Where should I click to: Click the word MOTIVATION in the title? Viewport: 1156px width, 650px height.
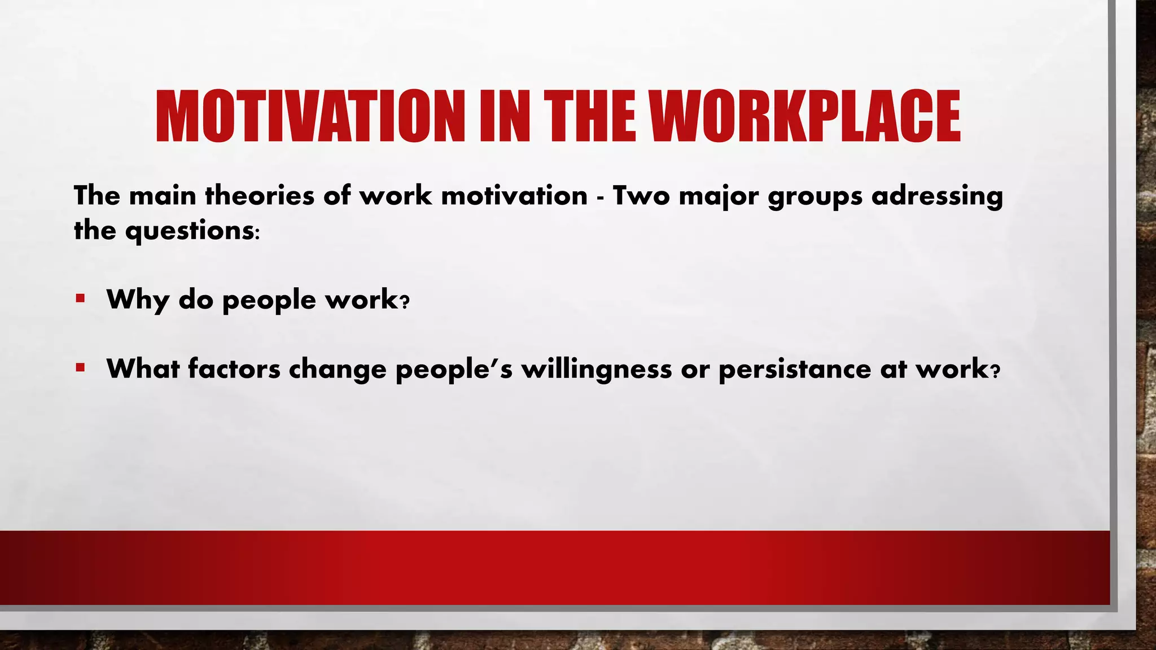point(309,117)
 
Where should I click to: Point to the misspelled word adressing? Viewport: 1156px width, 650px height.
point(937,196)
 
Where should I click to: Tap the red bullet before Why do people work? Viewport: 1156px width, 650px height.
point(80,298)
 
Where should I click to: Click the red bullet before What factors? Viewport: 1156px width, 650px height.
point(80,368)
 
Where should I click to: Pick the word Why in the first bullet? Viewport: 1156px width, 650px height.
point(137,300)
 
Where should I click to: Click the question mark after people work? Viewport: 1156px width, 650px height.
point(404,303)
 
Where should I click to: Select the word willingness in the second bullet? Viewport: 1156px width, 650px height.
point(597,370)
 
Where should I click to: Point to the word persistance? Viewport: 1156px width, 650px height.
point(795,370)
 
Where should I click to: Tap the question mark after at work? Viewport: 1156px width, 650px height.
point(996,372)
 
